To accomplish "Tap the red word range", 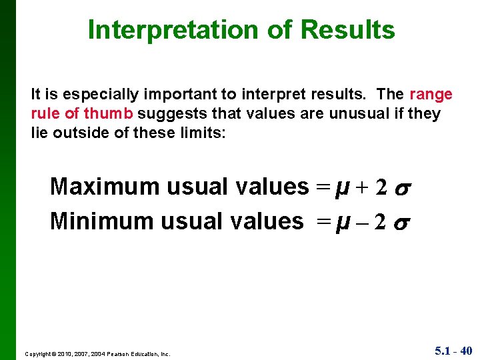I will pos(431,95).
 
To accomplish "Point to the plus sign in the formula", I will pos(361,188).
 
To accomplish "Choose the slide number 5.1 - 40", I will pos(453,350).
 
